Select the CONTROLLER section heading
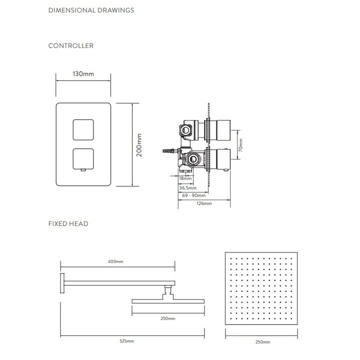coord(70,45)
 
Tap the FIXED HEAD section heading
coord(68,223)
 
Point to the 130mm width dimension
coord(83,74)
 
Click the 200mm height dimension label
coord(140,145)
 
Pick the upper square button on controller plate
coord(83,129)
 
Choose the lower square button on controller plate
coord(83,159)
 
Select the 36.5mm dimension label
coord(187,187)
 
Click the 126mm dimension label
coord(203,203)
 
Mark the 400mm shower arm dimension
coord(116,261)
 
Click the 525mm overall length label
coord(127,340)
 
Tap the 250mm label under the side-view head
coord(168,318)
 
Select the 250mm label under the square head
coord(262,342)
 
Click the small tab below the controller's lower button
coord(83,171)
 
